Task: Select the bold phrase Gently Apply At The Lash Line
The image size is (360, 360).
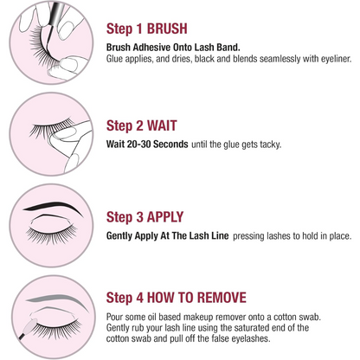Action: coord(173,235)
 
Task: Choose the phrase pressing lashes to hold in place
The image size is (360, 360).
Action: coord(283,235)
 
